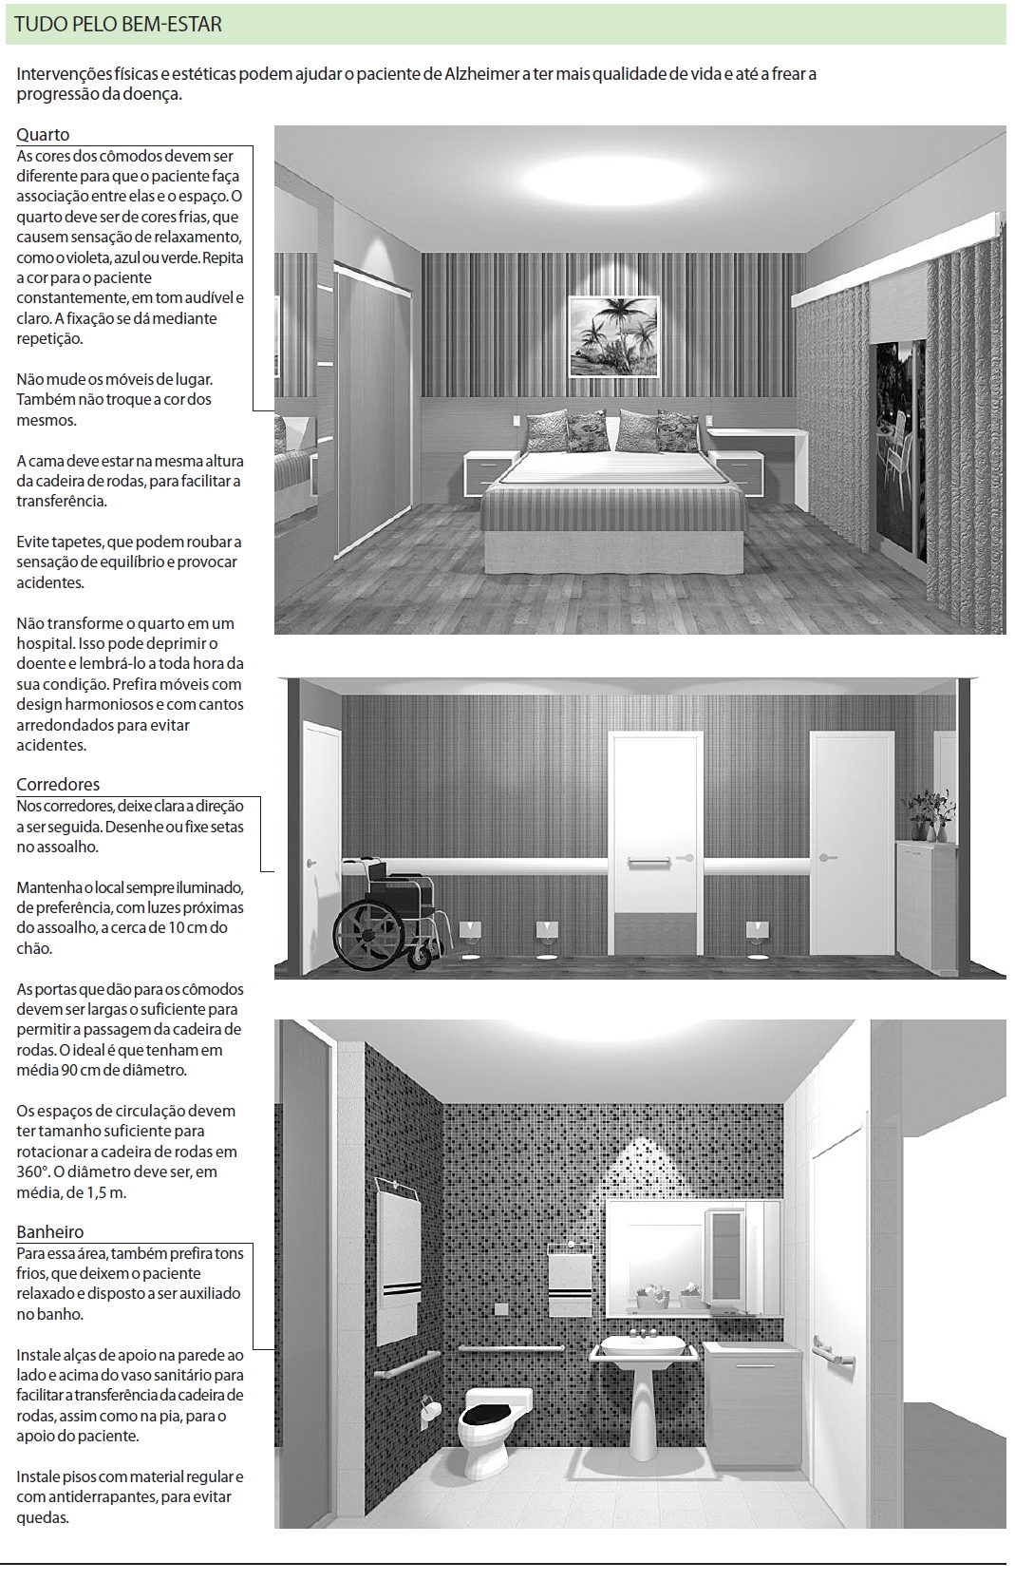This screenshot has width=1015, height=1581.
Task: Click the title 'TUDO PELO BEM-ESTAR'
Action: (x=119, y=25)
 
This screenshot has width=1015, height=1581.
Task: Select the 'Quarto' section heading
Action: (x=43, y=135)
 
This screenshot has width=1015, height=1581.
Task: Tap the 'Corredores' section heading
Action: (x=58, y=785)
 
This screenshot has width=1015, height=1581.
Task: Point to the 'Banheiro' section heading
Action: (x=50, y=1232)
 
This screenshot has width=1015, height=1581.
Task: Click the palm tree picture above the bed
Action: (x=614, y=335)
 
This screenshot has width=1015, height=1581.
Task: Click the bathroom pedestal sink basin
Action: (x=643, y=1346)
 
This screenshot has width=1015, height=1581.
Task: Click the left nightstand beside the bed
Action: (x=491, y=470)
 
